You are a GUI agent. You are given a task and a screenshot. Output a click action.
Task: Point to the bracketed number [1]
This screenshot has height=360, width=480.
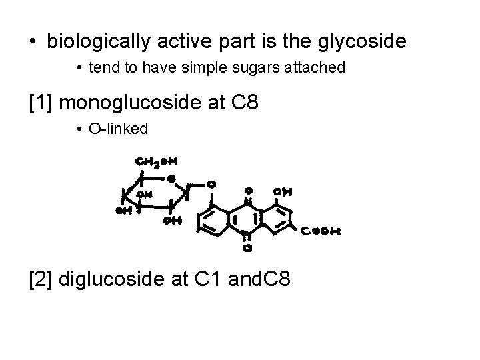(x=41, y=103)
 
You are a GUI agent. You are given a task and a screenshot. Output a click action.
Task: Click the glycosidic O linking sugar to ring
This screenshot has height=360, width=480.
(x=211, y=183)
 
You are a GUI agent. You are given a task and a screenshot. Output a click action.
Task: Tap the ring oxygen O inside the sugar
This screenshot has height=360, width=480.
(x=172, y=179)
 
